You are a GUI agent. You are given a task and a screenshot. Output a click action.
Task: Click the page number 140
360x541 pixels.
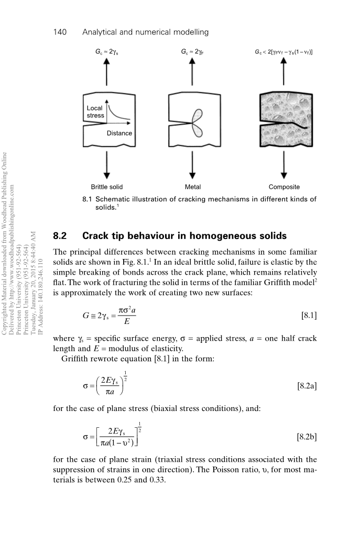click(x=62, y=33)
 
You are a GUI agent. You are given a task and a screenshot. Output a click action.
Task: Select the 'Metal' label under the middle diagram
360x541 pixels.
click(x=193, y=187)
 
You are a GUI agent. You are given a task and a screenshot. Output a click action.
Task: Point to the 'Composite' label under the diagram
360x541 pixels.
click(x=284, y=187)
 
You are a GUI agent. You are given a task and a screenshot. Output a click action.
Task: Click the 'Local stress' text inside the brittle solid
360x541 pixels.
click(x=95, y=112)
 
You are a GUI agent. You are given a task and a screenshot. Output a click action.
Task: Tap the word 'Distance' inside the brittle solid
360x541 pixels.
click(x=119, y=133)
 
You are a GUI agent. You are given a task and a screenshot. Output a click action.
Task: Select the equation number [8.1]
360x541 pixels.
click(x=307, y=316)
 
